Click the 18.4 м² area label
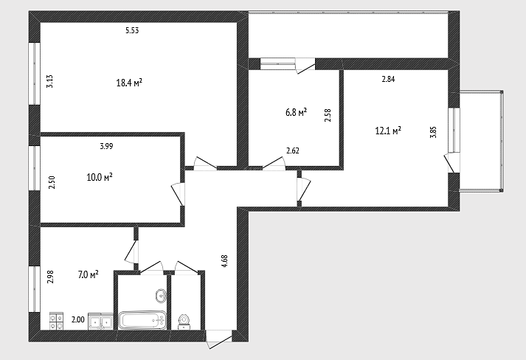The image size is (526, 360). tap(129, 83)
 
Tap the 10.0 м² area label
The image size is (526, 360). tap(100, 177)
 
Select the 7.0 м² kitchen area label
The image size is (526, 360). tap(89, 274)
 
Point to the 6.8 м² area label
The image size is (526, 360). tap(297, 112)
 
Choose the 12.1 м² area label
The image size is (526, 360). tap(388, 130)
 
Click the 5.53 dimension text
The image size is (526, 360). tap(132, 30)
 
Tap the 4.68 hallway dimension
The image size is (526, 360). tap(225, 260)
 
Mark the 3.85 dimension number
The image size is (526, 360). tap(433, 132)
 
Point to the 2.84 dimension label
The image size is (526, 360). tap(389, 79)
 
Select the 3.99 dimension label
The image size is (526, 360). tap(106, 146)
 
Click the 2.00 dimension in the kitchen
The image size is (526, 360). tap(78, 319)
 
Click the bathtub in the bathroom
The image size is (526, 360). tap(142, 320)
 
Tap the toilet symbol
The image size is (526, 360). tap(184, 322)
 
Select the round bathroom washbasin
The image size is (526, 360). tap(162, 296)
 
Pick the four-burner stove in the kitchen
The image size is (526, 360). tap(56, 321)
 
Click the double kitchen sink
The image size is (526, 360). tap(100, 322)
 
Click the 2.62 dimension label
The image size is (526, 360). tap(293, 151)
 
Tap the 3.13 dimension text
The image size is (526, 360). tap(49, 81)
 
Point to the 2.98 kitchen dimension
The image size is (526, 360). tap(50, 277)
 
